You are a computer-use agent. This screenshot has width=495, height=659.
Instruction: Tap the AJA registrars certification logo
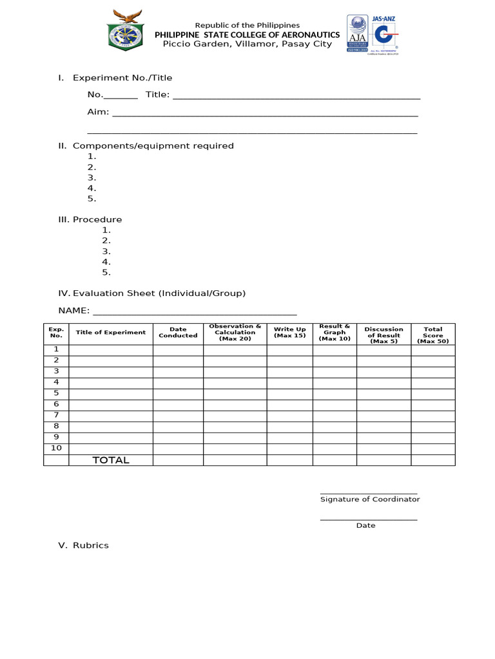pyautogui.click(x=356, y=33)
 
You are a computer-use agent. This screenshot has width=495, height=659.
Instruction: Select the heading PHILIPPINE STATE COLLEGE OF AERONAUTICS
pyautogui.click(x=247, y=35)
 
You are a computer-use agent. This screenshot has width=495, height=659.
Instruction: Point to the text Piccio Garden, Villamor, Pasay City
pyautogui.click(x=247, y=44)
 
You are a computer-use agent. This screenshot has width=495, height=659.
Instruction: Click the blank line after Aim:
pyautogui.click(x=265, y=113)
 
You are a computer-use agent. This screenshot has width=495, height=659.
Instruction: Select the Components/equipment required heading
pyautogui.click(x=153, y=146)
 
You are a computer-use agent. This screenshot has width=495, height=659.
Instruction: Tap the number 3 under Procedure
pyautogui.click(x=106, y=252)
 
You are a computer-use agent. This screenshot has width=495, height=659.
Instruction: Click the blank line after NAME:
pyautogui.click(x=195, y=311)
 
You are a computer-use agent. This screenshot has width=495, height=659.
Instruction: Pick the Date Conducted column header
pyautogui.click(x=178, y=333)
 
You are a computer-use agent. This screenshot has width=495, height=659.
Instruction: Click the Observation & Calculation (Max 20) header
pyautogui.click(x=235, y=333)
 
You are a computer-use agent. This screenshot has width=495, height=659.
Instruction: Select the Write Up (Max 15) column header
pyautogui.click(x=289, y=333)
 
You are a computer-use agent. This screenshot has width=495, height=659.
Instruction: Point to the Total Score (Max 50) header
pyautogui.click(x=432, y=335)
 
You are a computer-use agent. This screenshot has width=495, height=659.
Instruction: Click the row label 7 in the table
pyautogui.click(x=56, y=415)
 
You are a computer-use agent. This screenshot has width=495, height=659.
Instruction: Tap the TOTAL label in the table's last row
pyautogui.click(x=111, y=460)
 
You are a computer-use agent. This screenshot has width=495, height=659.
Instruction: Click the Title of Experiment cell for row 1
pyautogui.click(x=111, y=349)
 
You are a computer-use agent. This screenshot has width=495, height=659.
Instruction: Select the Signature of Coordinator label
pyautogui.click(x=369, y=499)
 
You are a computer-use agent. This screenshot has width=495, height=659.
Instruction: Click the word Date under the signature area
pyautogui.click(x=365, y=526)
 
